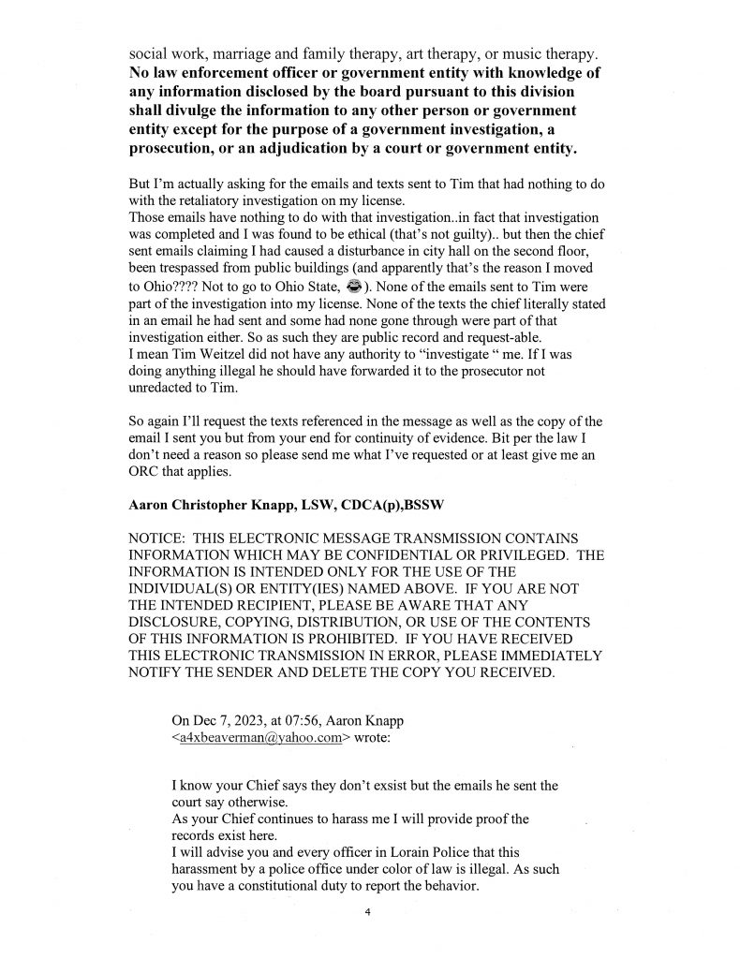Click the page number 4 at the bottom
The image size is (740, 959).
pos(368,910)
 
